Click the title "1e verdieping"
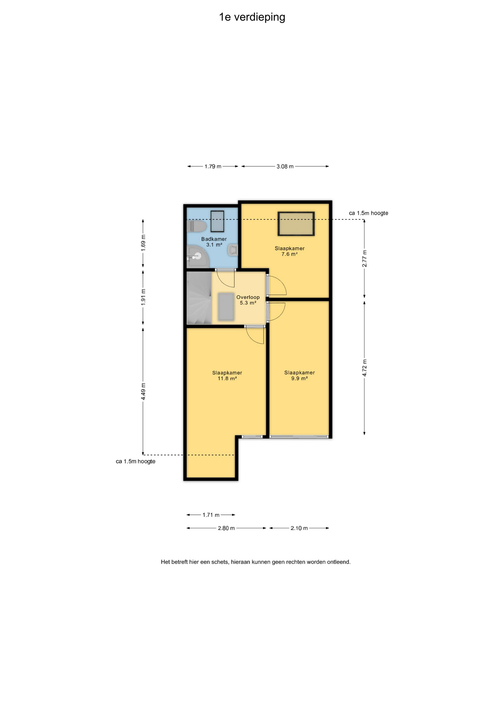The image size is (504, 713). tap(252, 17)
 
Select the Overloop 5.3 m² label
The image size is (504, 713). tap(248, 300)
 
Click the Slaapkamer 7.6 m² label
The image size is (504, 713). tap(289, 251)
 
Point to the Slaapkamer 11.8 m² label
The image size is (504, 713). tap(227, 375)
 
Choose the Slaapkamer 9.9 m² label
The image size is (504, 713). tap(300, 375)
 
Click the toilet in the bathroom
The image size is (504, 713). tap(196, 227)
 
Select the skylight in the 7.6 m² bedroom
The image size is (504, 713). tap(296, 224)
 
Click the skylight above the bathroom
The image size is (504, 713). tap(217, 221)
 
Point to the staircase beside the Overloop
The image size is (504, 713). tap(199, 298)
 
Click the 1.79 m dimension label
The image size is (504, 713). tap(213, 166)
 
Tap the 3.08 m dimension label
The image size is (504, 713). tap(285, 166)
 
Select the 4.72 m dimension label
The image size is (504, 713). tap(364, 368)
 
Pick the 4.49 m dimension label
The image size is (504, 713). tap(143, 391)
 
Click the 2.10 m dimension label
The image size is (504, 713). tap(299, 528)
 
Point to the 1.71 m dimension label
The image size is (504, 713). tap(211, 515)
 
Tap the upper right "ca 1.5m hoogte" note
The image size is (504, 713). tap(369, 213)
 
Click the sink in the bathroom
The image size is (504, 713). tap(233, 250)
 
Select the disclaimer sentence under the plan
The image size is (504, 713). tap(256, 562)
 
